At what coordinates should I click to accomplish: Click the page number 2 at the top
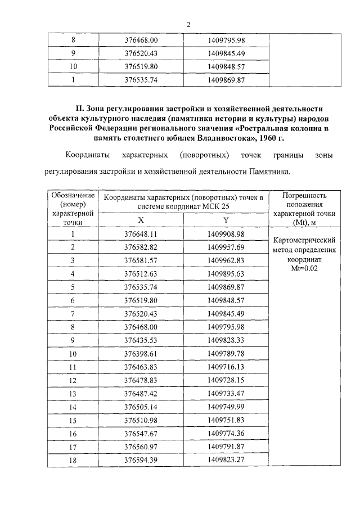[188, 25]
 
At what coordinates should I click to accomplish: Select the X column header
[141, 220]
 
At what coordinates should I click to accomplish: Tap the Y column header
[226, 220]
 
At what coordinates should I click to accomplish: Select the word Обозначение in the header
[72, 195]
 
